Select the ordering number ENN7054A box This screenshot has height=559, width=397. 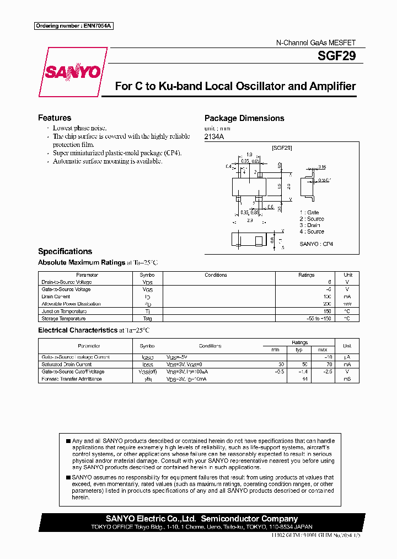[x=74, y=26]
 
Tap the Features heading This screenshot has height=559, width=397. [x=55, y=118]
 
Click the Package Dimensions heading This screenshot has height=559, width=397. [x=244, y=118]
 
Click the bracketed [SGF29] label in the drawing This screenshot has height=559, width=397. [x=282, y=148]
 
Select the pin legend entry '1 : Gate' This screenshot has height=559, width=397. [x=309, y=213]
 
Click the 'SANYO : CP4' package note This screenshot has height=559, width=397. [x=316, y=244]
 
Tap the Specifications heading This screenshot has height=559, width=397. [x=65, y=251]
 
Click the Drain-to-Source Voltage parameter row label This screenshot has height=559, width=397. [x=67, y=282]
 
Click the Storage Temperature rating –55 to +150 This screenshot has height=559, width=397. [x=319, y=318]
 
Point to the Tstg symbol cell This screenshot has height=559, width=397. [x=147, y=318]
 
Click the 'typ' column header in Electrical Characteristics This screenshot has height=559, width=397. [x=299, y=350]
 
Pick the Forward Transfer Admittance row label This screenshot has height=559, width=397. [x=72, y=379]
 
